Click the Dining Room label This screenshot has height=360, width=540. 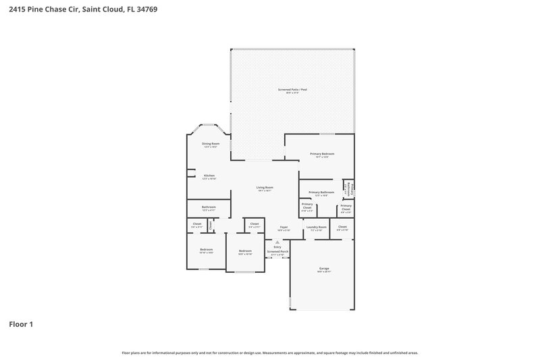[211, 143]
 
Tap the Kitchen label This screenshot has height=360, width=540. [209, 176]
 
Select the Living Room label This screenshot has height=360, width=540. [265, 187]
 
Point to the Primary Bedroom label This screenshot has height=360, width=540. [322, 154]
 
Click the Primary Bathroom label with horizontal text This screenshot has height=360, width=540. [321, 192]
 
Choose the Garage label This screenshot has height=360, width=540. [324, 268]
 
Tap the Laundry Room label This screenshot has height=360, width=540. [316, 227]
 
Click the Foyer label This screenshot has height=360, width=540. [284, 227]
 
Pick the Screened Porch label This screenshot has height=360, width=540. [277, 251]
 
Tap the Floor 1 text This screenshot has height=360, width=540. [21, 325]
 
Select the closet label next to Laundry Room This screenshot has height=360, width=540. [342, 227]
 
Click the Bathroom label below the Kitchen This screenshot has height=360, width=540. [209, 207]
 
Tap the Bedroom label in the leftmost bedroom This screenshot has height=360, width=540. [206, 250]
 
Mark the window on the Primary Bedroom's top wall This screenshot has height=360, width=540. [327, 134]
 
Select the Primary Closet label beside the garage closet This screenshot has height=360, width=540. [346, 206]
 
